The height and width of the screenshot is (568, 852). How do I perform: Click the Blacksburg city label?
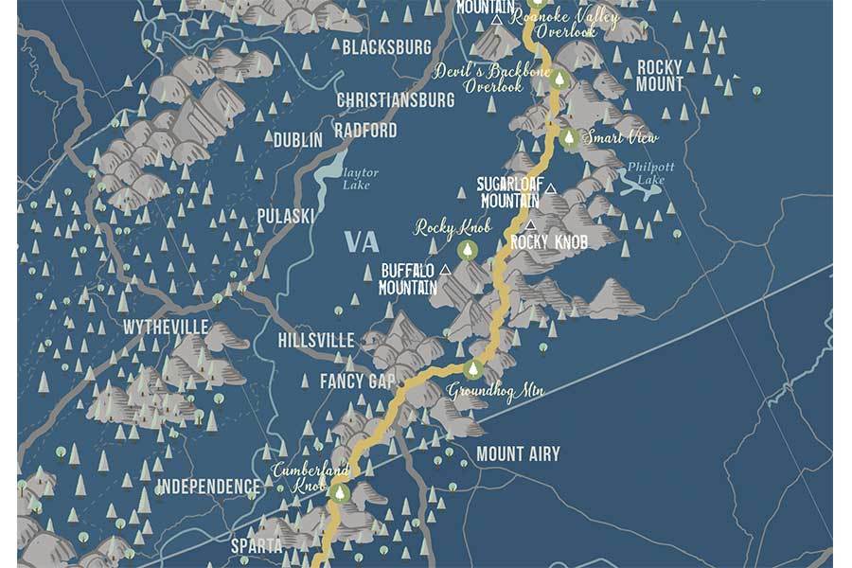pos(386,47)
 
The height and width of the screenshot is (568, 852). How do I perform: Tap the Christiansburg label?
pos(396,100)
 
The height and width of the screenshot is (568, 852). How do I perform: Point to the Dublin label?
pos(297,140)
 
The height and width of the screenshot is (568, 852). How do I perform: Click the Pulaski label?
pos(285,217)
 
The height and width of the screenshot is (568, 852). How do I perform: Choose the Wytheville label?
pos(165,328)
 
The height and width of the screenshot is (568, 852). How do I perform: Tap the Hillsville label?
pos(316,341)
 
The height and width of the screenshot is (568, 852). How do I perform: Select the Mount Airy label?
pos(518,454)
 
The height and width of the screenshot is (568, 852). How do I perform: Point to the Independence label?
pos(207,488)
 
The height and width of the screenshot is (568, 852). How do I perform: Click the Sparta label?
pos(257,546)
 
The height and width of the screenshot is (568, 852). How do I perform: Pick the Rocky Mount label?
pos(660,76)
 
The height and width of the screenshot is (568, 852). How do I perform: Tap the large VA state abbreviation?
pos(362,241)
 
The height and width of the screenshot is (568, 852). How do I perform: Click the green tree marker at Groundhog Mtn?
pos(472,369)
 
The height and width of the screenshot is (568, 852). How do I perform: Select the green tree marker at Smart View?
pos(569,138)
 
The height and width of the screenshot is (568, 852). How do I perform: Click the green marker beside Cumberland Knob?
pos(338,492)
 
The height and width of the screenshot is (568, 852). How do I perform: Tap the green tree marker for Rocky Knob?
pos(468,250)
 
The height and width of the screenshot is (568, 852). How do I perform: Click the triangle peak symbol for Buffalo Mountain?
pos(445,269)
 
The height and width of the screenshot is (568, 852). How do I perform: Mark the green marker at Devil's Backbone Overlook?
pos(559,80)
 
